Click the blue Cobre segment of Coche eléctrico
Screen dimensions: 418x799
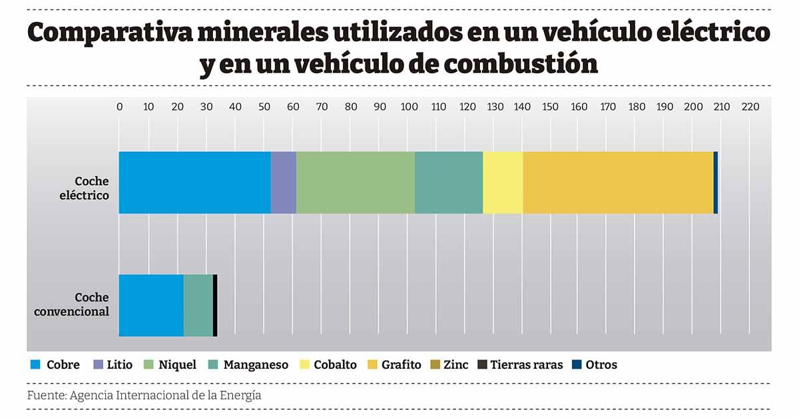194,182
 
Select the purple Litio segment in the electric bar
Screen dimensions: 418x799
283,182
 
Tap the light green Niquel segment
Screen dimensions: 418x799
355,182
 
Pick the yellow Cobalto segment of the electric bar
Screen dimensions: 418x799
502,182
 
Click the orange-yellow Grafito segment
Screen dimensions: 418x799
617,182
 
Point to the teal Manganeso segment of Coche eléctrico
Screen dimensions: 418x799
448,182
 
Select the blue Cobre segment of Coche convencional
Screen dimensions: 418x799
151,305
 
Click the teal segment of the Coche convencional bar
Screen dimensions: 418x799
198,305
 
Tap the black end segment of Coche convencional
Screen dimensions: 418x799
215,305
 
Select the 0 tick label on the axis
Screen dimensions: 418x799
119,106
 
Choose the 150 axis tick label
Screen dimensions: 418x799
550,106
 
